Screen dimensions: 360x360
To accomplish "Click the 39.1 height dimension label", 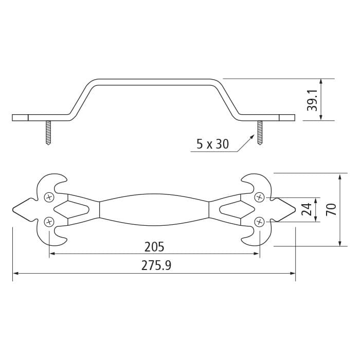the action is click(312, 100).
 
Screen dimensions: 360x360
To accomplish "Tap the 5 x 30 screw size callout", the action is click(212, 144).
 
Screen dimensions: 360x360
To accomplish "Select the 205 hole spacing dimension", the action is click(154, 247).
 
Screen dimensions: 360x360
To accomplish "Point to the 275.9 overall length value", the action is click(156, 265).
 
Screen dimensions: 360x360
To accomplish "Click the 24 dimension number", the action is click(307, 209).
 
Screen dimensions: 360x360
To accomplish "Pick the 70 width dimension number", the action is click(331, 209).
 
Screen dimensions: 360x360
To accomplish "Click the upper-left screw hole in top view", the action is click(49, 197).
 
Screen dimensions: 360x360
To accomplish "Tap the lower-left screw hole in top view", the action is click(49, 222).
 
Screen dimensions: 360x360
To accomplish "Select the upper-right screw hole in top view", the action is click(259, 197).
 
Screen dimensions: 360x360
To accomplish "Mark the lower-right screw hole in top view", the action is click(259, 222).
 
